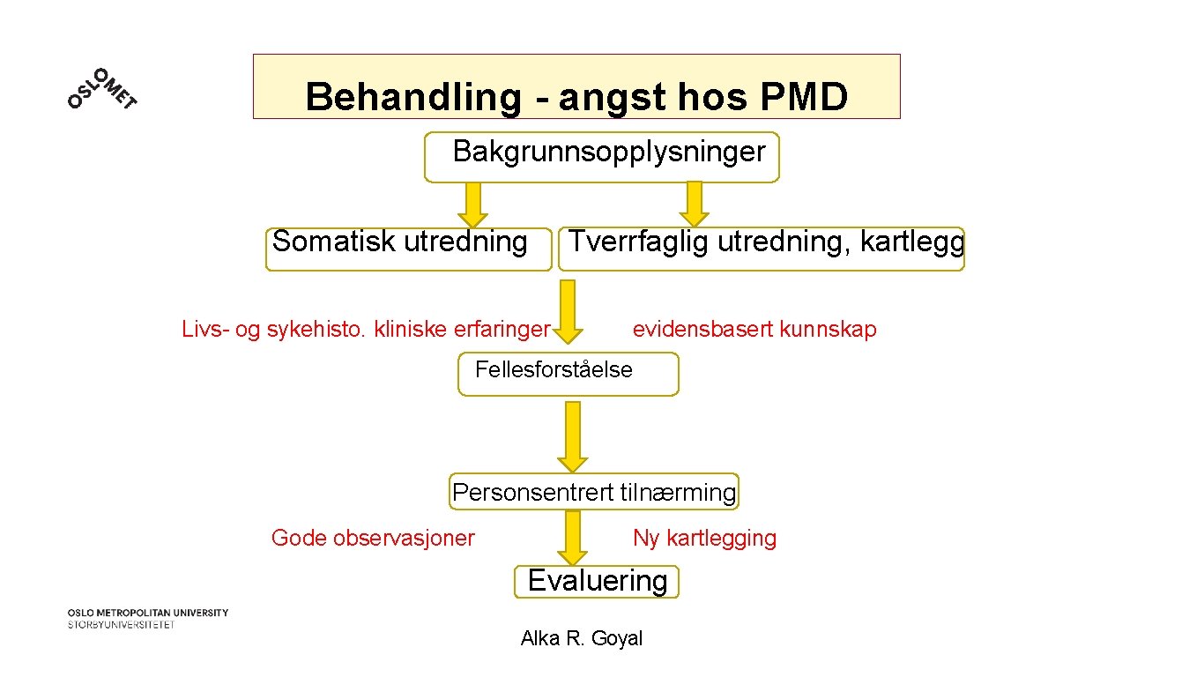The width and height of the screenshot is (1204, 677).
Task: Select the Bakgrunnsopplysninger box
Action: click(602, 157)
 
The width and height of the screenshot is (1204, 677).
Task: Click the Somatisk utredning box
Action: click(408, 249)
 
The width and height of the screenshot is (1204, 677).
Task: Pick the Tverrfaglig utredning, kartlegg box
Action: click(762, 249)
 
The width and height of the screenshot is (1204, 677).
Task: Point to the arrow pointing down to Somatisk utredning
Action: click(473, 205)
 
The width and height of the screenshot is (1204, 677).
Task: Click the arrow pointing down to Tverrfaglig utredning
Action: click(695, 204)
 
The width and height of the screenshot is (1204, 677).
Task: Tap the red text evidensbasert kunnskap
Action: click(754, 330)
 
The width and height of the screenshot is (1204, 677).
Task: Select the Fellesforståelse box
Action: click(569, 374)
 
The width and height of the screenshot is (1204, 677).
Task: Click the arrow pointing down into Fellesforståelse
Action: click(569, 310)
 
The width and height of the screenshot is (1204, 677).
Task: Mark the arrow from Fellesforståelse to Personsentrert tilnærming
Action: click(573, 436)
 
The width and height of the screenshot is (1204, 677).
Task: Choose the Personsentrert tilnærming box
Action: click(594, 492)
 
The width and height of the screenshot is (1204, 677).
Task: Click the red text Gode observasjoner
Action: click(373, 538)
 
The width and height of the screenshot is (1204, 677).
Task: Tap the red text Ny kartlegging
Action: click(704, 538)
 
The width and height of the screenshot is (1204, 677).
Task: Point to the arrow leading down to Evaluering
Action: click(573, 538)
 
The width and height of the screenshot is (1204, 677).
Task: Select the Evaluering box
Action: click(597, 581)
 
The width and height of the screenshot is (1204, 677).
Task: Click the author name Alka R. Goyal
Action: click(582, 638)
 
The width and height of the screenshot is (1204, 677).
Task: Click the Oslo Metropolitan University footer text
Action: click(148, 618)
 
